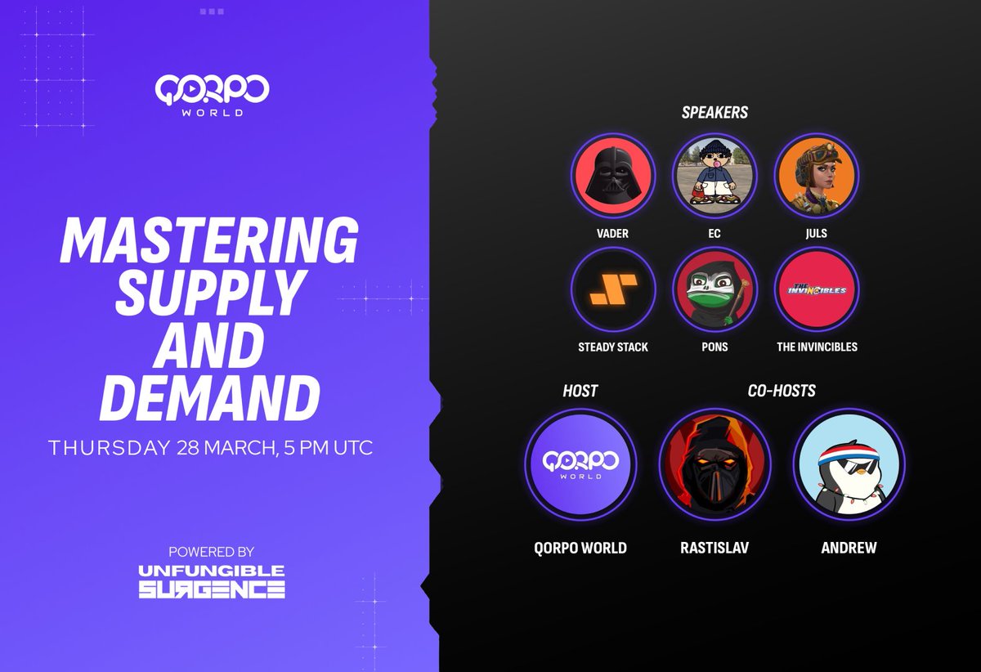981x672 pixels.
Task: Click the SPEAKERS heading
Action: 714,113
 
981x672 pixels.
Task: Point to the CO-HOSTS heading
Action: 781,391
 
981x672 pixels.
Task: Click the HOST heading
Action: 580,391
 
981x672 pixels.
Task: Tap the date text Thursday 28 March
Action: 151,449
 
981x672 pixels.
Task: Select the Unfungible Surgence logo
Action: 211,580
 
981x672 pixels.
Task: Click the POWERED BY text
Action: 212,552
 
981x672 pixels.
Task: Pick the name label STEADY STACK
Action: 612,347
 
